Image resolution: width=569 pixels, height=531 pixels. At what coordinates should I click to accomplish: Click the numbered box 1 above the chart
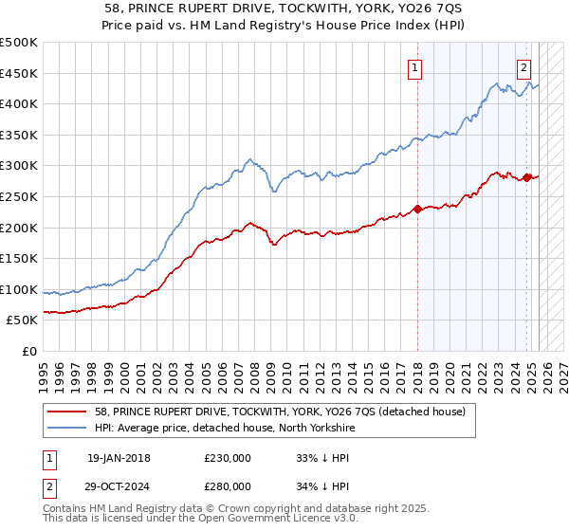point(415,67)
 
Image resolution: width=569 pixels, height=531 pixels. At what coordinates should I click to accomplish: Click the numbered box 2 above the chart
point(523,67)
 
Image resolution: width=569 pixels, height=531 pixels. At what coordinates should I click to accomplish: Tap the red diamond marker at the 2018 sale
point(417,209)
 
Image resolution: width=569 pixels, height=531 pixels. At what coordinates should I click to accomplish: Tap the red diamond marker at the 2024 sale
point(527,177)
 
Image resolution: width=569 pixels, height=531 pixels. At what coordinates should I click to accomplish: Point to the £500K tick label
point(19,43)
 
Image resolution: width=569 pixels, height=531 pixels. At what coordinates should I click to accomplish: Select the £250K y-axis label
point(19,196)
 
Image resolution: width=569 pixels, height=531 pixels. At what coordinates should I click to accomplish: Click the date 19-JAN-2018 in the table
point(119,457)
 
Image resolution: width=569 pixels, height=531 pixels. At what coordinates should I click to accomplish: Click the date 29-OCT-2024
point(119,485)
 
